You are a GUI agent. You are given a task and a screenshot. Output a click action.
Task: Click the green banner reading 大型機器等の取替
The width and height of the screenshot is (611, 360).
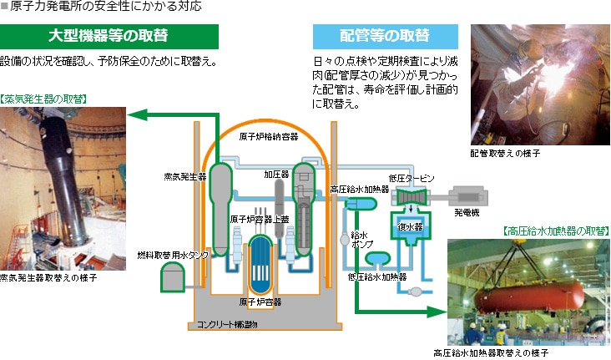109,36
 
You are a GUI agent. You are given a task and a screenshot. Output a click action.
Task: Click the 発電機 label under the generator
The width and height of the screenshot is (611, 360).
467,214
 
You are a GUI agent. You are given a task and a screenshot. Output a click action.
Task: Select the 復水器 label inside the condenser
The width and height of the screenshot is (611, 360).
408,226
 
